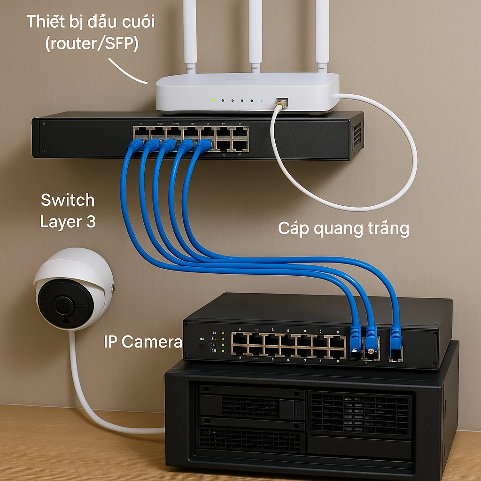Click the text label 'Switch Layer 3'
pyautogui.click(x=68, y=210)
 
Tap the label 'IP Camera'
pyautogui.click(x=142, y=342)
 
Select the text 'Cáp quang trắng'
pyautogui.click(x=343, y=229)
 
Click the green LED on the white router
pyautogui.click(x=213, y=100)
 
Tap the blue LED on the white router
pyautogui.click(x=260, y=101)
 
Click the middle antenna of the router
pyautogui.click(x=255, y=33)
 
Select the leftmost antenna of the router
pyautogui.click(x=189, y=33)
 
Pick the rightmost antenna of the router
pyautogui.click(x=322, y=33)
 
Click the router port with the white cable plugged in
pyautogui.click(x=282, y=101)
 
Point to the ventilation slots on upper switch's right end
pyautogui.click(x=357, y=134)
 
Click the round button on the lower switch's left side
pyautogui.click(x=202, y=346)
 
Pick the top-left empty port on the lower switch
pyautogui.click(x=240, y=339)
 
